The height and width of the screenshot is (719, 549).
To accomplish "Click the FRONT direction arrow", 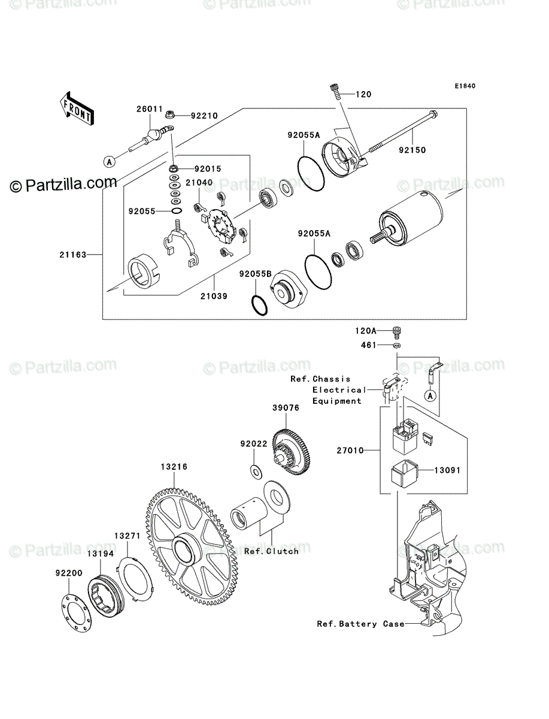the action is pyautogui.click(x=77, y=108).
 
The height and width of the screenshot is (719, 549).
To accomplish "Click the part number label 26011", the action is pyautogui.click(x=150, y=109).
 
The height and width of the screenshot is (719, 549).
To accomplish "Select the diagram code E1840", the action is pyautogui.click(x=465, y=86).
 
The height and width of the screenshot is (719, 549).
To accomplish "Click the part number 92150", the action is pyautogui.click(x=412, y=150).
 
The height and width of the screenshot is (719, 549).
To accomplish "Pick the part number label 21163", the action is pyautogui.click(x=72, y=255).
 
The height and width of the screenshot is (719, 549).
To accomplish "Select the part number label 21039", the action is pyautogui.click(x=214, y=296).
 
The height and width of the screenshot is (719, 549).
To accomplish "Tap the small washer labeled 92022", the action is pyautogui.click(x=256, y=472).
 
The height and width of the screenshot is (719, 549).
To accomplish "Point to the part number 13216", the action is pyautogui.click(x=174, y=467).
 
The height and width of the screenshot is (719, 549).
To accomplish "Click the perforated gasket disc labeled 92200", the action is pyautogui.click(x=77, y=613).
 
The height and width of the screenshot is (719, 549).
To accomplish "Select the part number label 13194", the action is pyautogui.click(x=101, y=554).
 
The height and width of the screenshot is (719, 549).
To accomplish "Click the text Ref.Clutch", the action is pyautogui.click(x=271, y=551).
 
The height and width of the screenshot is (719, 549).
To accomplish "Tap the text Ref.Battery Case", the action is pyautogui.click(x=360, y=624).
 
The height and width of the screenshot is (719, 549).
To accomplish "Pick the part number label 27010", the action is pyautogui.click(x=350, y=451).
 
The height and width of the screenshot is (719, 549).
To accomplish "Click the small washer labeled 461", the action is pyautogui.click(x=397, y=345).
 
